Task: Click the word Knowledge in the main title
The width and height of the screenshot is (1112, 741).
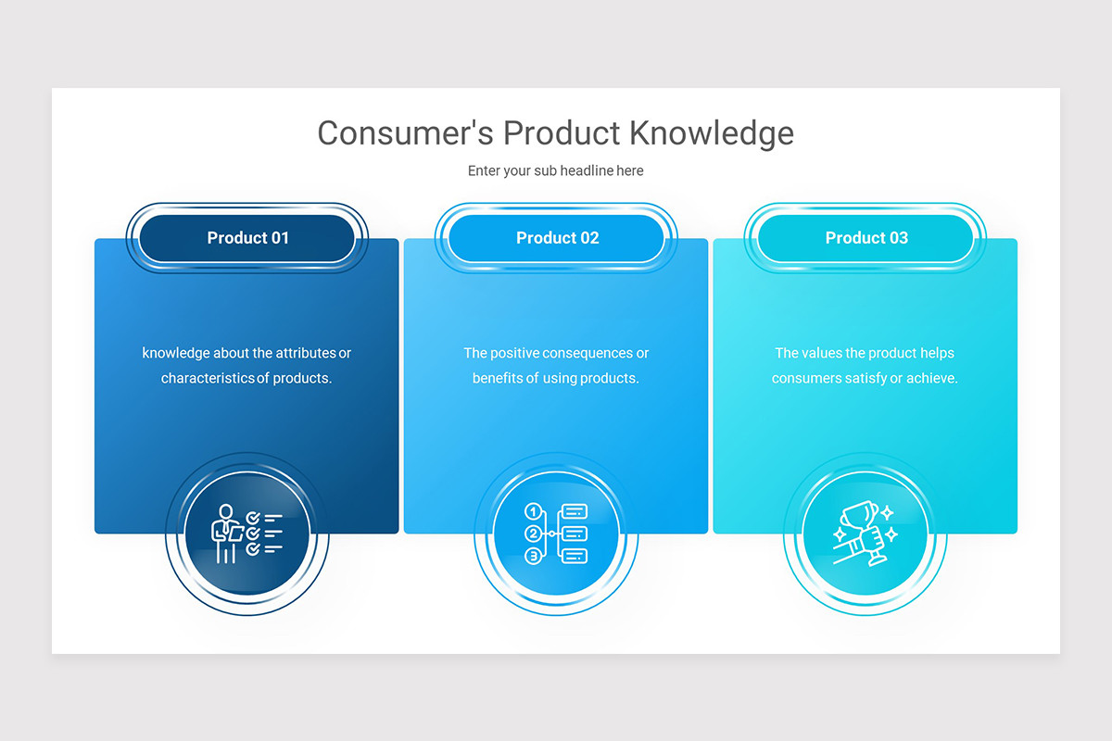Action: point(711,133)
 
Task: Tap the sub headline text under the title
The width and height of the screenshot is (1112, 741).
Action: point(555,170)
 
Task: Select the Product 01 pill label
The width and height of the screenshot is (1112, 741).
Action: point(247,238)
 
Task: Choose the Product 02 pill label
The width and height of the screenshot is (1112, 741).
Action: point(557,238)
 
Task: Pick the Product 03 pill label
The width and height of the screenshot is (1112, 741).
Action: point(866,238)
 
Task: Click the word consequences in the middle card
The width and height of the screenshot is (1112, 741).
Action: point(588,353)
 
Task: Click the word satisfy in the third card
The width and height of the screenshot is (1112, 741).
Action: point(862,378)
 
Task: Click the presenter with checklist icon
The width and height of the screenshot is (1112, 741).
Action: point(246,534)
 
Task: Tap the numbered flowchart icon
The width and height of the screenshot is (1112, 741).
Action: point(556,534)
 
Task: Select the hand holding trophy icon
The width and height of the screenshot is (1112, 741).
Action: point(865,534)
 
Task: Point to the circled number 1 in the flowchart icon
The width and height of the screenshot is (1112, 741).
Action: point(532,511)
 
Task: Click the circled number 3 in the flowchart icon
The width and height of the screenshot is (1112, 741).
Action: point(532,556)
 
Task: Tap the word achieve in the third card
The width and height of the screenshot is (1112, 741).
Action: point(932,378)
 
